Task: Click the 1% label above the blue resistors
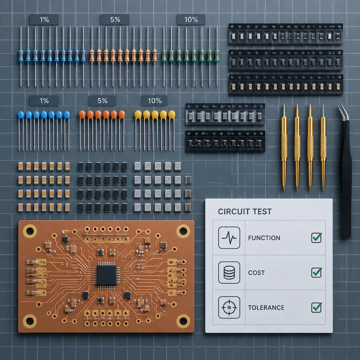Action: pos(44,20)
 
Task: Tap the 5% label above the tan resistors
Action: pos(115,20)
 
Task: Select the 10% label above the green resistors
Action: pos(191,20)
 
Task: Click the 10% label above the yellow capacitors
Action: pos(154,101)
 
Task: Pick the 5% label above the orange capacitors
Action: pos(102,101)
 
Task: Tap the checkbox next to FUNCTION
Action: pos(316,238)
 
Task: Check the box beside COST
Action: pos(316,272)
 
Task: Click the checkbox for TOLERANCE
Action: pos(316,307)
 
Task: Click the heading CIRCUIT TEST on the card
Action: pos(245,211)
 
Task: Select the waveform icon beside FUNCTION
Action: pos(229,238)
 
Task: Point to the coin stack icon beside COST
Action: pos(229,272)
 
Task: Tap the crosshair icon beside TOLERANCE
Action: pos(229,307)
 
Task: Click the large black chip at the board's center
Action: pos(106,275)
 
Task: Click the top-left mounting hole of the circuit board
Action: pos(30,231)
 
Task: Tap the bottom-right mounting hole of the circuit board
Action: pos(183,321)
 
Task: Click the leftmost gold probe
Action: pos(284,147)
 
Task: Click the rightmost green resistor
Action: pos(217,56)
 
